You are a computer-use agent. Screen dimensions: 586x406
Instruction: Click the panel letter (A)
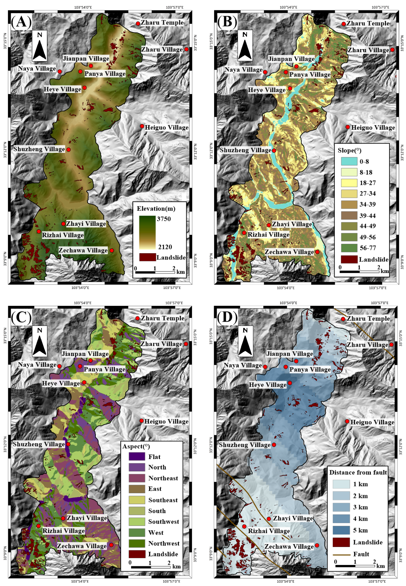[x=21, y=22]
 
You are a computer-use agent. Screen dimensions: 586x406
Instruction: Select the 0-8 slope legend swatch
[x=349, y=161]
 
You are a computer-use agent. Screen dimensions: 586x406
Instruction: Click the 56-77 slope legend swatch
[x=349, y=248]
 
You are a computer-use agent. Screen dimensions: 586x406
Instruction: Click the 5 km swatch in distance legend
[x=341, y=530]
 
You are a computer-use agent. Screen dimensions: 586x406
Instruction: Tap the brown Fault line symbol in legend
[x=341, y=554]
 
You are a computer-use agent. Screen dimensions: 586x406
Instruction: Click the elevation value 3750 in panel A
[x=164, y=219]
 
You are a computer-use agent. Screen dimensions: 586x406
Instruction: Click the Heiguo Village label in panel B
[x=373, y=128]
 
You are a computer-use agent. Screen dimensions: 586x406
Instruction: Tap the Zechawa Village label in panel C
[x=82, y=546]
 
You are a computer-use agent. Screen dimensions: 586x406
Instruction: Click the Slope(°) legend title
[x=349, y=150]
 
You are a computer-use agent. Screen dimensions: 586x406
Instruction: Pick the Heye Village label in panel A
[x=62, y=89]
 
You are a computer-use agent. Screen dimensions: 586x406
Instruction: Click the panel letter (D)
[x=227, y=317]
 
